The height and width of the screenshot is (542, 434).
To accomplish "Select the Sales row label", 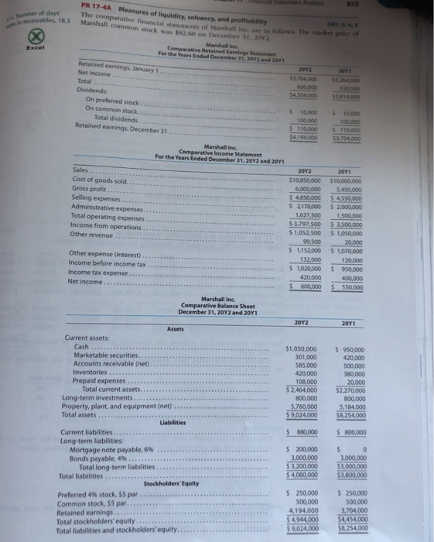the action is coord(80,169).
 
